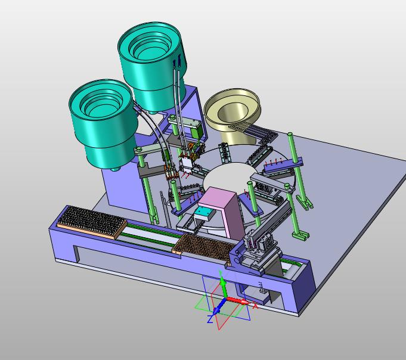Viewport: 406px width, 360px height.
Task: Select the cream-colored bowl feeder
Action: coord(233,114)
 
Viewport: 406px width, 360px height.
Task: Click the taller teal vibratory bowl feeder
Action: coord(152,66)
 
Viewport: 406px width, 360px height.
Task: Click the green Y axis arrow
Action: coord(223,287)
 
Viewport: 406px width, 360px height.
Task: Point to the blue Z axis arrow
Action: coord(219,306)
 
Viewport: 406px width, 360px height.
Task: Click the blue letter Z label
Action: coord(210,319)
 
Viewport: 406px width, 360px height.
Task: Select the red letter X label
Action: coord(255,306)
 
